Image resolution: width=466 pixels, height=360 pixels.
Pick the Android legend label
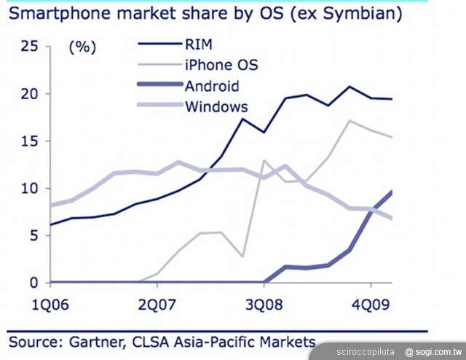(212, 86)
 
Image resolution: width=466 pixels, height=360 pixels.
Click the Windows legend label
(216, 106)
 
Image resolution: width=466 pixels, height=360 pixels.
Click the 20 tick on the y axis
(29, 94)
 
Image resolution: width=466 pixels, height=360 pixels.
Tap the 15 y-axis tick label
(29, 141)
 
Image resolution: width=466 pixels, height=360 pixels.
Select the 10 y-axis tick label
(29, 189)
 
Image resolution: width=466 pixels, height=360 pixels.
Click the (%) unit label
(82, 47)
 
